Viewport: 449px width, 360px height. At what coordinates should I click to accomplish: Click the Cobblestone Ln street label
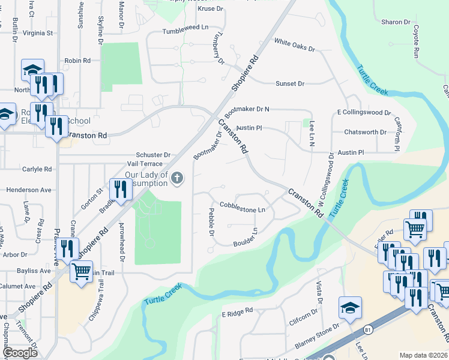(x=243, y=210)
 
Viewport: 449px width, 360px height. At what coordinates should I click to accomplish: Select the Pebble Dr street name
(x=211, y=222)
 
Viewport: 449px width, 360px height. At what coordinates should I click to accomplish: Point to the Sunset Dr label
(x=290, y=83)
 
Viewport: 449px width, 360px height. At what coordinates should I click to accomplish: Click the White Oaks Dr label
(x=294, y=44)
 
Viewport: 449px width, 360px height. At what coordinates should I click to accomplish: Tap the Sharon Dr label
(x=396, y=22)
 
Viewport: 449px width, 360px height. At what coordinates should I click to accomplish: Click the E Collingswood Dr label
(x=364, y=112)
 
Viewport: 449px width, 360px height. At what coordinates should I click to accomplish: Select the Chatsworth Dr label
(x=366, y=132)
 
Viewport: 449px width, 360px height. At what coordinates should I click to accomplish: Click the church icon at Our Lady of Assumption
(x=176, y=178)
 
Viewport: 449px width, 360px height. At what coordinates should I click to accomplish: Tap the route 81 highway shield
(x=367, y=330)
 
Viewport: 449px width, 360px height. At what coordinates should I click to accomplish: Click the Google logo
(x=20, y=353)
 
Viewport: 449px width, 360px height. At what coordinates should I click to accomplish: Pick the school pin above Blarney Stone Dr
(x=350, y=307)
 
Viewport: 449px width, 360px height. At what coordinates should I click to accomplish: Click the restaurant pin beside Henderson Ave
(x=121, y=190)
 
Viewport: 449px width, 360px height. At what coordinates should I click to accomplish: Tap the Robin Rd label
(x=77, y=61)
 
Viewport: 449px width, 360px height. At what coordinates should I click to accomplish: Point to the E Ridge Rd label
(x=238, y=313)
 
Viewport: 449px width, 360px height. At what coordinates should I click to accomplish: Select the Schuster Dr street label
(x=153, y=154)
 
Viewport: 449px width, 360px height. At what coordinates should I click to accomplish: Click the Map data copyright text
(x=423, y=355)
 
